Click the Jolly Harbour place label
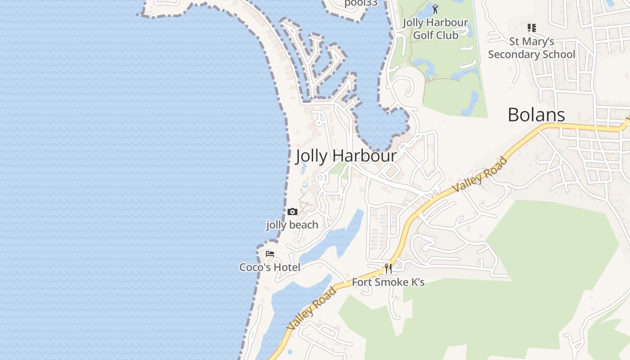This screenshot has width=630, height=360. tap(346, 156)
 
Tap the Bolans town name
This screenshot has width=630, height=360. tap(536, 115)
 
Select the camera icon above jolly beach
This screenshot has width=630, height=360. tap(292, 211)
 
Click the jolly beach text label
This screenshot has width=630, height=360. tap(292, 225)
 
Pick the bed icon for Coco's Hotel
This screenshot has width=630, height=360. tap(270, 254)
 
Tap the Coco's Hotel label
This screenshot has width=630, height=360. tap(270, 267)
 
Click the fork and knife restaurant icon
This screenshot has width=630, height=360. tap(388, 269)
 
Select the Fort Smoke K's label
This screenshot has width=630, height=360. tap(388, 282)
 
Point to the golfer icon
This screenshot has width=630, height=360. tap(435, 9)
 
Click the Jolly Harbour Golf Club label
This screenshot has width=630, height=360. tap(435, 28)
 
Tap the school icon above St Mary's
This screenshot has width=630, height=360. tap(532, 28)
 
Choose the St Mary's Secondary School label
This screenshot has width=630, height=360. tap(531, 48)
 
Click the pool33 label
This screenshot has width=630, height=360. tap(360, 3)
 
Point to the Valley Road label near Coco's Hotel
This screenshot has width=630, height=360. tap(312, 308)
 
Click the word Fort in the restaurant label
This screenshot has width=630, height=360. tap(361, 282)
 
